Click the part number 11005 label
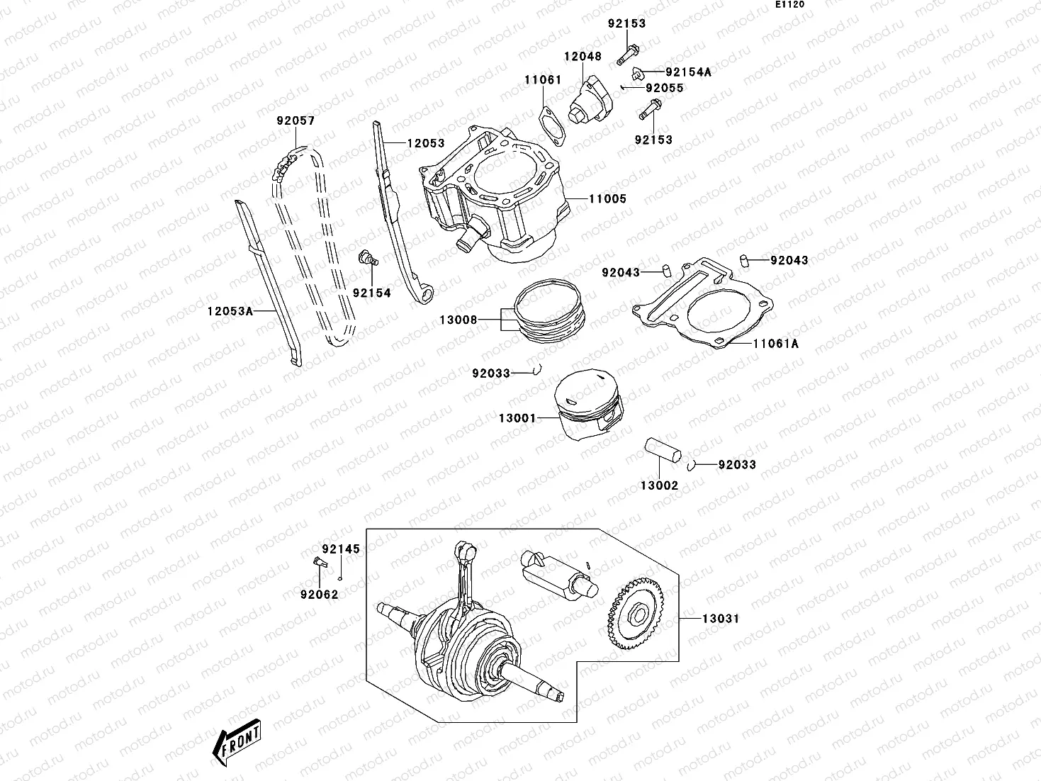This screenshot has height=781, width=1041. click(607, 199)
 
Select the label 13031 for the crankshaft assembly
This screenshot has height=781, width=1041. click(720, 619)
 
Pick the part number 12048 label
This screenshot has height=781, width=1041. click(583, 57)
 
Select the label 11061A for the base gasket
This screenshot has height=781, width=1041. click(775, 344)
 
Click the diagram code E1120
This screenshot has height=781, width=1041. click(789, 4)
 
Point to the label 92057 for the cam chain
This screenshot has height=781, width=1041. click(296, 121)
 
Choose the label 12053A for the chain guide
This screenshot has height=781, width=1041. click(230, 310)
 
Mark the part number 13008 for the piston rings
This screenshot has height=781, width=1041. click(458, 320)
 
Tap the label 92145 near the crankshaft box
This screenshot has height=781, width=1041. click(341, 549)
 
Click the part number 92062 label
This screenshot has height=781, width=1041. click(319, 595)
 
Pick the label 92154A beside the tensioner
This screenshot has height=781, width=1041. click(688, 72)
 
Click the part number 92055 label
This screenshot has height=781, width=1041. click(664, 88)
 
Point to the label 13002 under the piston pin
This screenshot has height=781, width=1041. click(659, 485)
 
